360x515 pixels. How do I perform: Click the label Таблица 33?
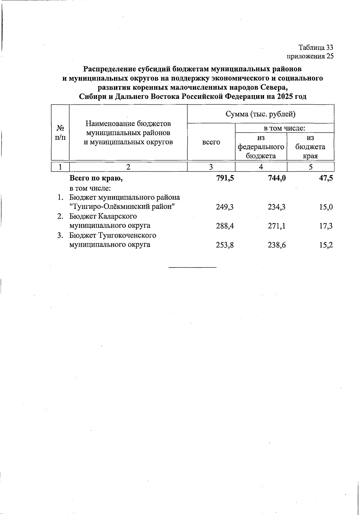316,47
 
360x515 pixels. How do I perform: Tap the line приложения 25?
310,56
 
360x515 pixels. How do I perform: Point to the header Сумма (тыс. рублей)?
260,114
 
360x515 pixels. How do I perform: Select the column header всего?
211,142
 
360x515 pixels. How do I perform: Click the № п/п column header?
60,133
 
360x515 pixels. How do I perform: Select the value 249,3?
225,207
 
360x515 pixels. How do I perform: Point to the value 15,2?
326,245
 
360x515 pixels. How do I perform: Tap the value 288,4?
225,226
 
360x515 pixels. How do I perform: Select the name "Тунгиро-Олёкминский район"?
122,207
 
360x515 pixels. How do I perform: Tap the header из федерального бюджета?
261,147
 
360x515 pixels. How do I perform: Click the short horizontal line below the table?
192,267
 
